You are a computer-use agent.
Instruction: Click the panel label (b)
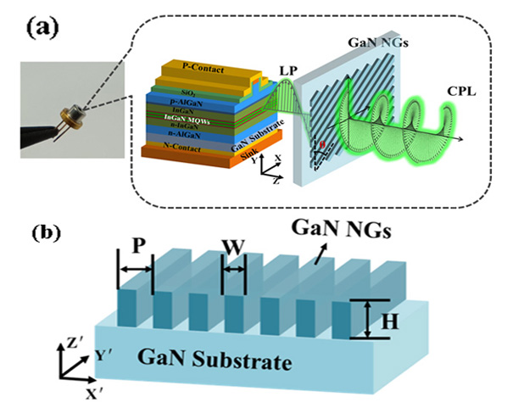point(35,232)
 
